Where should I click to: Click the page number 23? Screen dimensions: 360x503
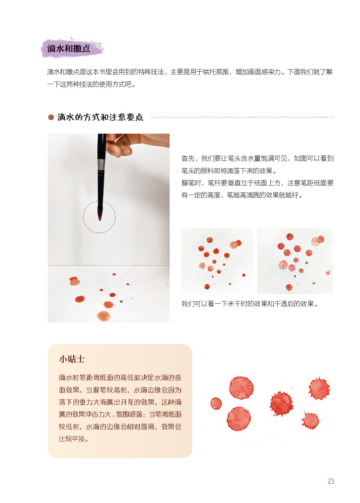(x=331, y=481)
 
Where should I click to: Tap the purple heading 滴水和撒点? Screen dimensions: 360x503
(x=69, y=49)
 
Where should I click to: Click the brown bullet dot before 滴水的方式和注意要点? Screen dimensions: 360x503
(x=51, y=117)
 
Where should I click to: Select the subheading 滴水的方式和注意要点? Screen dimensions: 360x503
(x=100, y=117)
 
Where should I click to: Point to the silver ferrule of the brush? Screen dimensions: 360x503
(x=101, y=165)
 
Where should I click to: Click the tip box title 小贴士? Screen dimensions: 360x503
(x=72, y=359)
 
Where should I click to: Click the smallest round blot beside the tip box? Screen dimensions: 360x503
(x=216, y=404)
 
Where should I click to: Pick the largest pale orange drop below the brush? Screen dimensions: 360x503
(x=104, y=316)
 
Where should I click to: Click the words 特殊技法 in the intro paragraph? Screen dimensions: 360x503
(x=151, y=72)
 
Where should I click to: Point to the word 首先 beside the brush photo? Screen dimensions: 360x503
(x=188, y=158)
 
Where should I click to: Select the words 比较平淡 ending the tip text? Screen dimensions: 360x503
(x=72, y=439)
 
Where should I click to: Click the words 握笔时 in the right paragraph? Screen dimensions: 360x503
(x=191, y=183)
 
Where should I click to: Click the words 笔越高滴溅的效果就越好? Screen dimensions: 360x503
(x=262, y=195)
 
